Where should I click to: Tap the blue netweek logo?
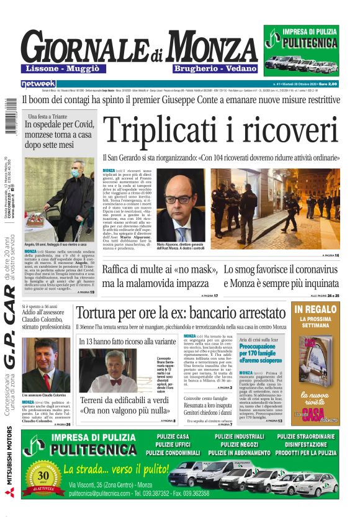click(x=38, y=83)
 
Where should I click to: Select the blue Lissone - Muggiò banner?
click(x=61, y=68)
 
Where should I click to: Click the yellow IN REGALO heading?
click(x=316, y=309)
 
